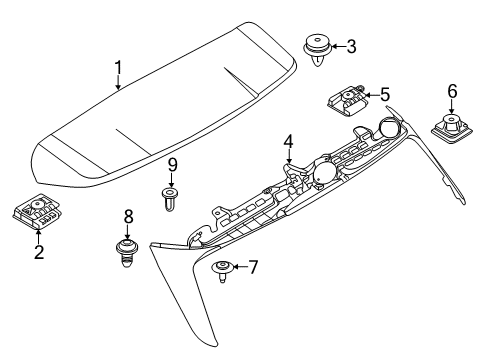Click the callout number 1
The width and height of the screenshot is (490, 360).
click(117, 68)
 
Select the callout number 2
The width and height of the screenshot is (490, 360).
click(39, 251)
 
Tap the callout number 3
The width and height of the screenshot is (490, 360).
click(350, 46)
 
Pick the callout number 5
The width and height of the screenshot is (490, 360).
click(384, 96)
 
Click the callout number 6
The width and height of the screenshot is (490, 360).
click(451, 92)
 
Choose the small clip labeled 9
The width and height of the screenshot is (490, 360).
click(171, 197)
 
